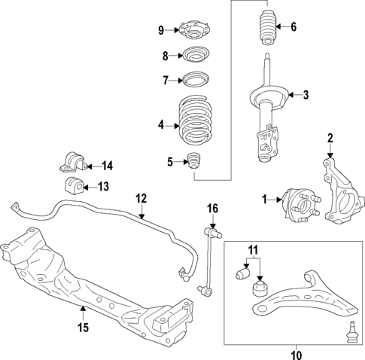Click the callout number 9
click(x=160, y=30)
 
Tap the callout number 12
click(x=140, y=199)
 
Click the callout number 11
click(x=253, y=249)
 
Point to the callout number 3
click(x=306, y=95)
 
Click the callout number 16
click(x=212, y=208)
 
